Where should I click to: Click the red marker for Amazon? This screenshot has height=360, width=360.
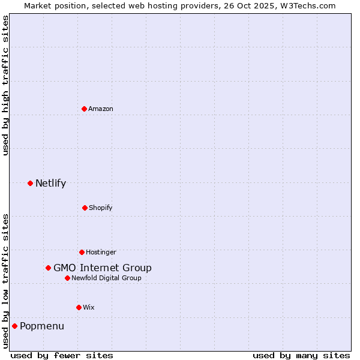[84, 109]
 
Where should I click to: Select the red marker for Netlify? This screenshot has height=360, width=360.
[30, 183]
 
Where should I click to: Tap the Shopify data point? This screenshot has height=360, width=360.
[85, 208]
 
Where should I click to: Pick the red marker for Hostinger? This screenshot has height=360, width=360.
[82, 252]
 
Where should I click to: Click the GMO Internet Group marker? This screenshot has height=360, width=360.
[48, 268]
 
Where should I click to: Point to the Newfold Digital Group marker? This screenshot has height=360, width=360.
[67, 278]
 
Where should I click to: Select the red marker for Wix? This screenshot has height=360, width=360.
[79, 307]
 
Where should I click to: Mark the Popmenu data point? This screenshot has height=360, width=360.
[14, 326]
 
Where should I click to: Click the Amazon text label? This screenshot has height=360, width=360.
[101, 109]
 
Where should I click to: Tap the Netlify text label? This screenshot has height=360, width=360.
[50, 183]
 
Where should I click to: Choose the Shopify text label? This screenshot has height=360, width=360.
[101, 208]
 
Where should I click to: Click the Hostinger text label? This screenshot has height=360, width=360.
[101, 252]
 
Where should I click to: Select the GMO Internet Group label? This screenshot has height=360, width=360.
[103, 268]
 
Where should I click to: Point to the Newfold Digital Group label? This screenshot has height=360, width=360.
[106, 278]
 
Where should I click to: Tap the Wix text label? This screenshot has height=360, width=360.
[89, 307]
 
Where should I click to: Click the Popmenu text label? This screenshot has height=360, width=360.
[42, 326]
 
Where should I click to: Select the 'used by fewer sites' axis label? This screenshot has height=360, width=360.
[62, 355]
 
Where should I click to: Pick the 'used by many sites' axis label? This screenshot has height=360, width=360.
[301, 355]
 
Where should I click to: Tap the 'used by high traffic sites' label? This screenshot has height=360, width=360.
[5, 86]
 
